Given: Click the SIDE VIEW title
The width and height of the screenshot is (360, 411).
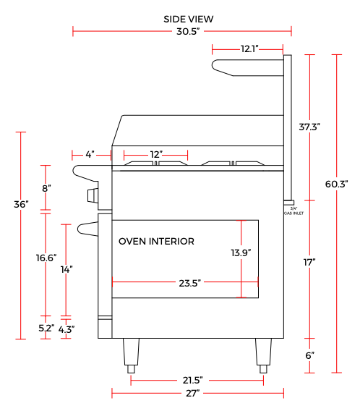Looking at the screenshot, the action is tap(188, 19).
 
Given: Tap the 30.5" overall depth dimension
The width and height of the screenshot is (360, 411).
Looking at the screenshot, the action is tap(188, 31).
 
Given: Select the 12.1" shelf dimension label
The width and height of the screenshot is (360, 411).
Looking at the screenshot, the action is tap(249, 48).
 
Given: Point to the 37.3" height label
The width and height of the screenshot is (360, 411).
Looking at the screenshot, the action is tap(309, 127).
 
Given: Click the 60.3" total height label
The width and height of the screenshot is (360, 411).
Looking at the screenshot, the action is tap(336, 184).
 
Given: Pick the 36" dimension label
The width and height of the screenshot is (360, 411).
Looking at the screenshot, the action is tap(21, 204).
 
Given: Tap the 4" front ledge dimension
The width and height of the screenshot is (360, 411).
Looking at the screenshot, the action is tap(90, 154).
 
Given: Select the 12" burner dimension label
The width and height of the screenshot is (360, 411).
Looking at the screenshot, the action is tap(156, 154).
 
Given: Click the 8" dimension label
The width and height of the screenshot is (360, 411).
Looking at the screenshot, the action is tap(46, 188).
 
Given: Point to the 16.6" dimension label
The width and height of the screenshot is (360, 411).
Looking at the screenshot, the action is tap(46, 258).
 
